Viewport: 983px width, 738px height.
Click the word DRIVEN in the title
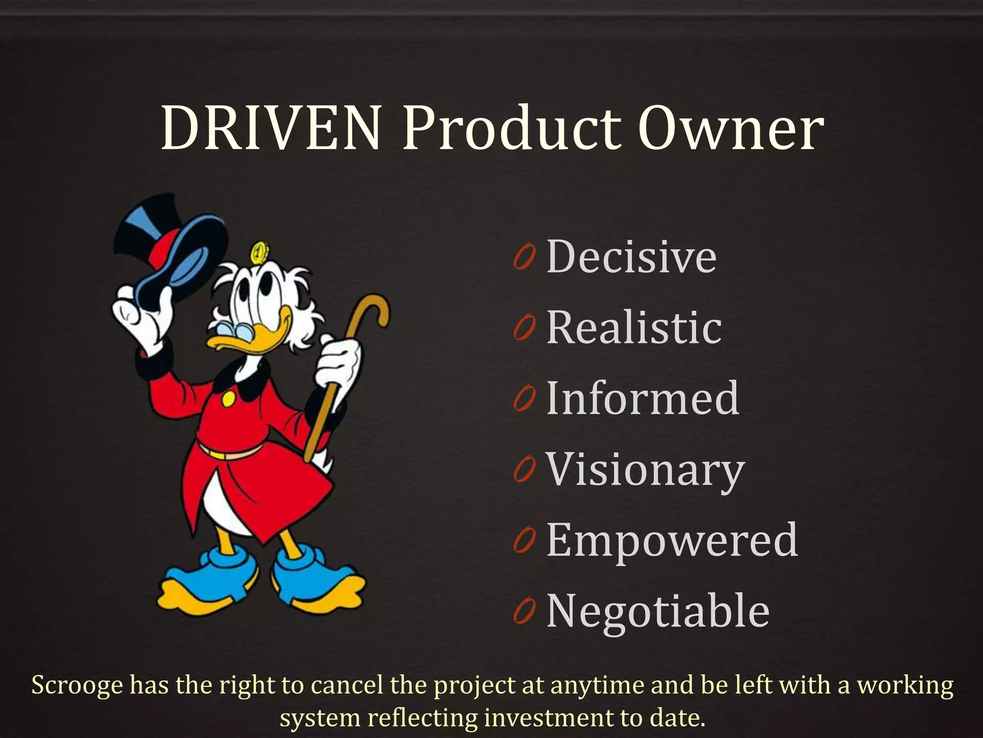271,129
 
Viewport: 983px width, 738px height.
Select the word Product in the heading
513,129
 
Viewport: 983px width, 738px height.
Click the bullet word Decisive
632,257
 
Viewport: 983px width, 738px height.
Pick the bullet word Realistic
634,328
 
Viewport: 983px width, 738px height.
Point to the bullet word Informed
643,398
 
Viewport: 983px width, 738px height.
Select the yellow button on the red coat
228,398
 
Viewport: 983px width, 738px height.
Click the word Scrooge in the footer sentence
77,685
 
